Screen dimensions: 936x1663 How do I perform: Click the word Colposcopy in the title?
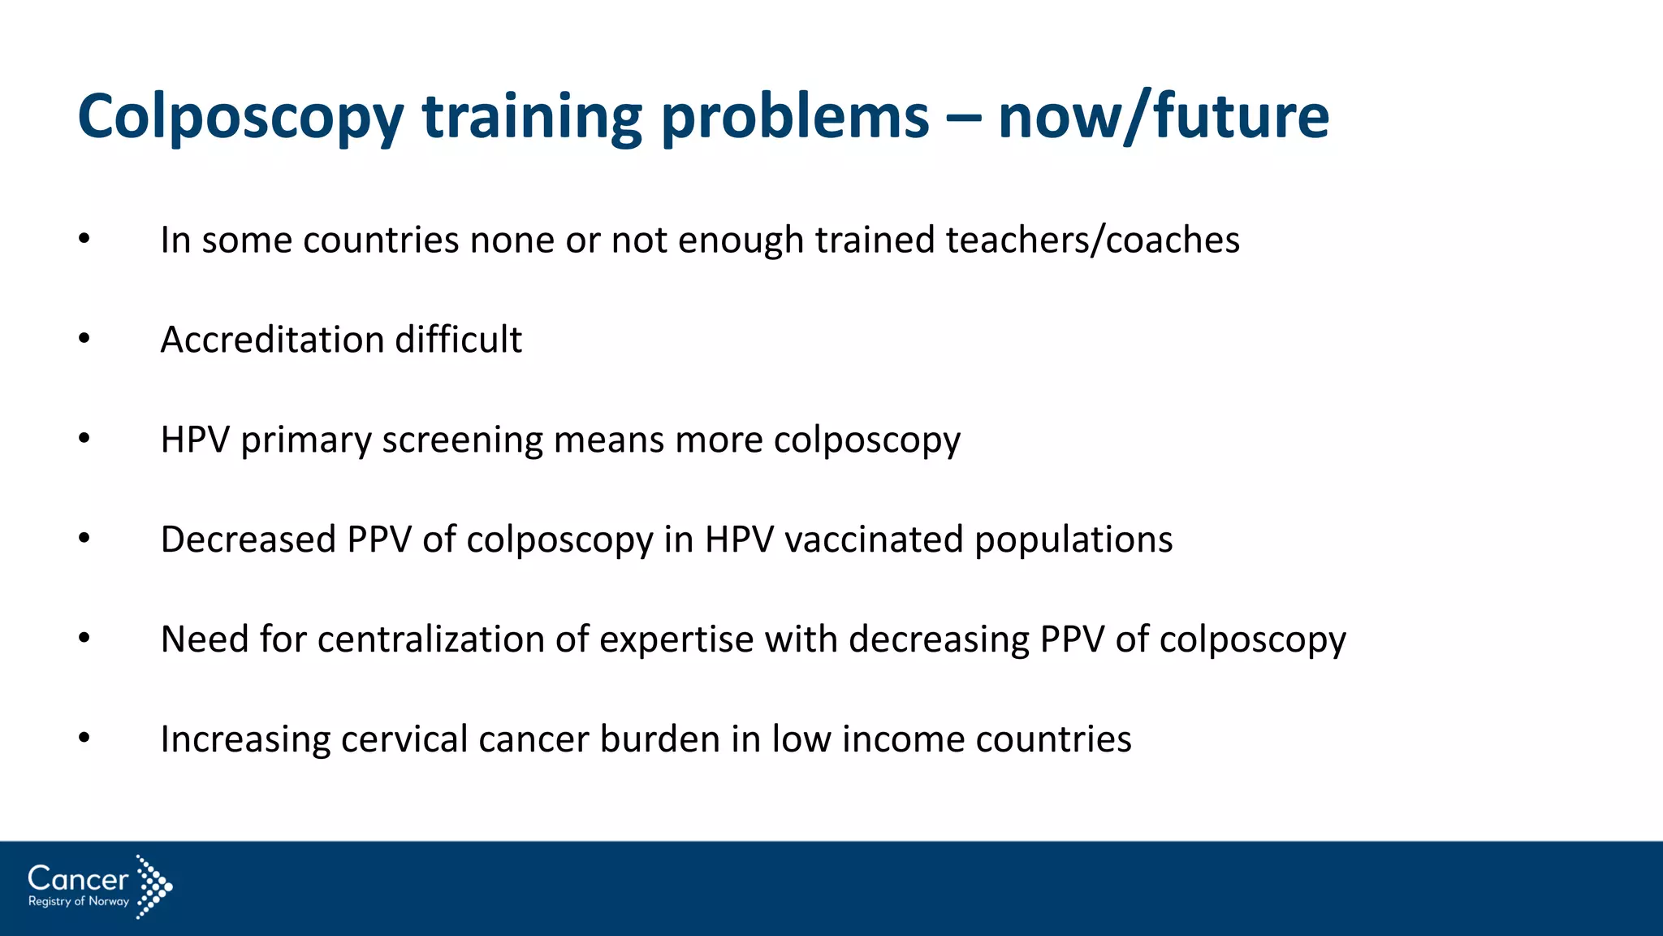point(240,119)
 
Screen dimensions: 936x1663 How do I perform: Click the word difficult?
point(458,340)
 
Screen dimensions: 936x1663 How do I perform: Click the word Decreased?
point(248,539)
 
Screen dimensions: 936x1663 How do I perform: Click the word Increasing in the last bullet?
point(244,740)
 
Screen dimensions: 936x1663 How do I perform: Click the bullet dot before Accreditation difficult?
point(84,339)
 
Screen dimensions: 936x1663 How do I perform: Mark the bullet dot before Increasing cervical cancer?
point(84,739)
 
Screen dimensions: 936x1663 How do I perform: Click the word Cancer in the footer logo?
point(78,878)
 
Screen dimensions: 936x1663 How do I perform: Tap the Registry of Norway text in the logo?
point(79,901)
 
